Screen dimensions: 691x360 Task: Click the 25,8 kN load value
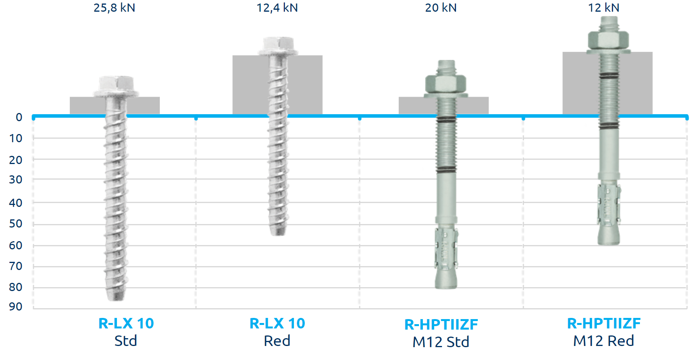114,8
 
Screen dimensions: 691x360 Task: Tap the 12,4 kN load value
277,8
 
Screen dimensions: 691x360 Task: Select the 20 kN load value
441,8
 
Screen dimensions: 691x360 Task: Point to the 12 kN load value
604,8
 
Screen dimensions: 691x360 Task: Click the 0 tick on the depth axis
19,117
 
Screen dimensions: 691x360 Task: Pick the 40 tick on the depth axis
16,203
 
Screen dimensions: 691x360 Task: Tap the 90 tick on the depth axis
16,307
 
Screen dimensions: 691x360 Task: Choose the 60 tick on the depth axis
16,245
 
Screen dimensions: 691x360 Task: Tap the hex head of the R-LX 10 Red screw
278,46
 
